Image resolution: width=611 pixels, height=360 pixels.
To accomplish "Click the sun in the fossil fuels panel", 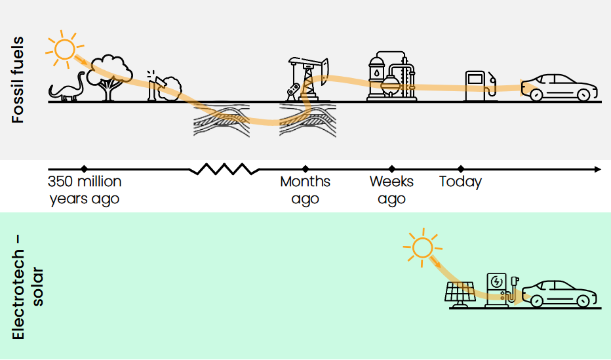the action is click(64, 48).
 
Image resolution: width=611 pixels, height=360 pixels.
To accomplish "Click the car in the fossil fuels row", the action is click(561, 87).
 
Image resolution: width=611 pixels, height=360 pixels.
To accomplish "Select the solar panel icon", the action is click(462, 294).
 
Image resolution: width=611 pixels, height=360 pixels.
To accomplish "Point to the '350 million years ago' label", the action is click(85, 190).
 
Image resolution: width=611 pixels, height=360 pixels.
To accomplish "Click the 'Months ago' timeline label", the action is click(305, 190).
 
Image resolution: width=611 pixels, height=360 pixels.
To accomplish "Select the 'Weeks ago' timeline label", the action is click(391, 190).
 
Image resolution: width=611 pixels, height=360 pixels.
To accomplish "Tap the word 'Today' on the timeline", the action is click(460, 182).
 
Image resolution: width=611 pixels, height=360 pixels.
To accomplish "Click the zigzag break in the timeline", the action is click(224, 169).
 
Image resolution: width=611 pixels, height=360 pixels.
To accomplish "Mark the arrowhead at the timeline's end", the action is click(597, 169).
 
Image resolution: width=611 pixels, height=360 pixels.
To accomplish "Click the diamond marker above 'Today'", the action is click(460, 169).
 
